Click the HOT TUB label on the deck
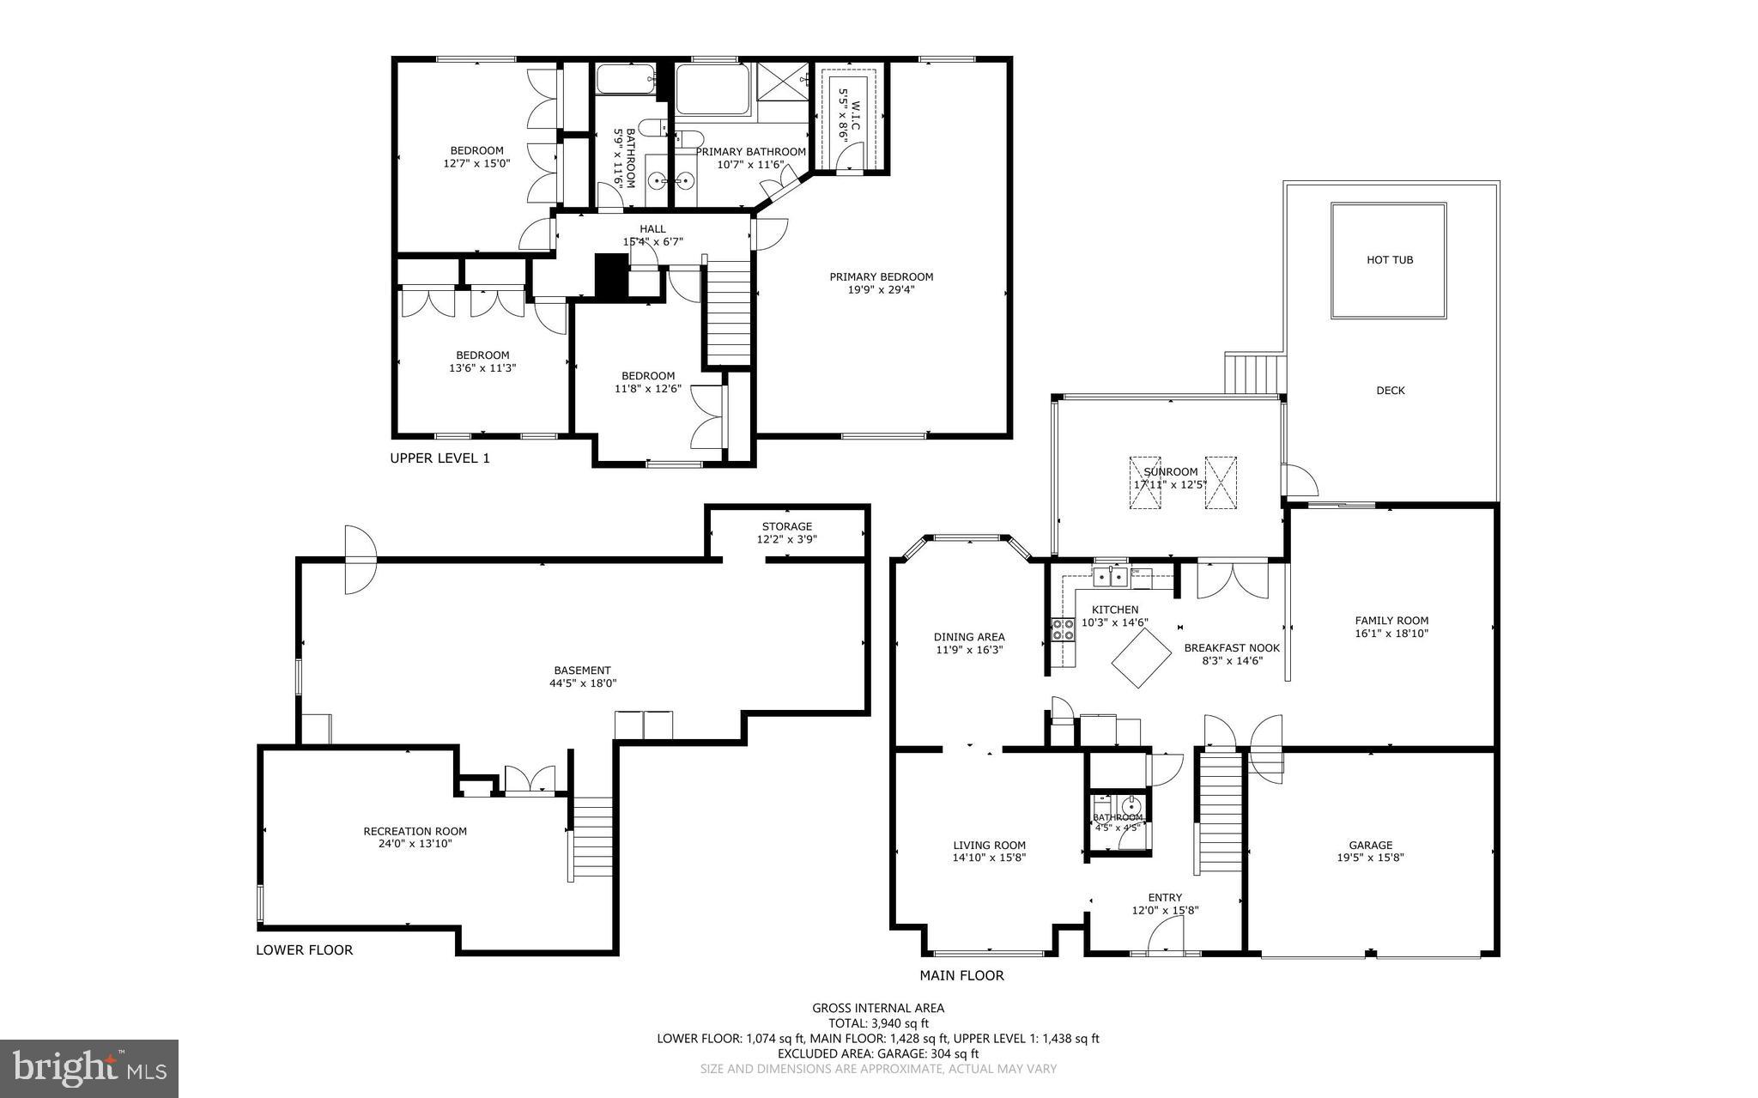pyautogui.click(x=1389, y=260)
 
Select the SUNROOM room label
pyautogui.click(x=1171, y=472)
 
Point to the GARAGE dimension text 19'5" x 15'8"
pyautogui.click(x=1370, y=858)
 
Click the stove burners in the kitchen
pyautogui.click(x=1063, y=630)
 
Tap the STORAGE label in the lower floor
pyautogui.click(x=786, y=527)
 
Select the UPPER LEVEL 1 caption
pyautogui.click(x=439, y=458)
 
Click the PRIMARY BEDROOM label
pyautogui.click(x=881, y=277)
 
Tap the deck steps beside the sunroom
pyautogui.click(x=1256, y=373)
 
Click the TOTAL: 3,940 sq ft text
pyautogui.click(x=877, y=1023)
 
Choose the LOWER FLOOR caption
pyautogui.click(x=304, y=950)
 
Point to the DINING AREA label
pyautogui.click(x=968, y=637)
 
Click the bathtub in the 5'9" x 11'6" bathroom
pyautogui.click(x=624, y=81)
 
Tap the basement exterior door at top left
pyautogui.click(x=360, y=560)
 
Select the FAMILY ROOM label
pyautogui.click(x=1391, y=621)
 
